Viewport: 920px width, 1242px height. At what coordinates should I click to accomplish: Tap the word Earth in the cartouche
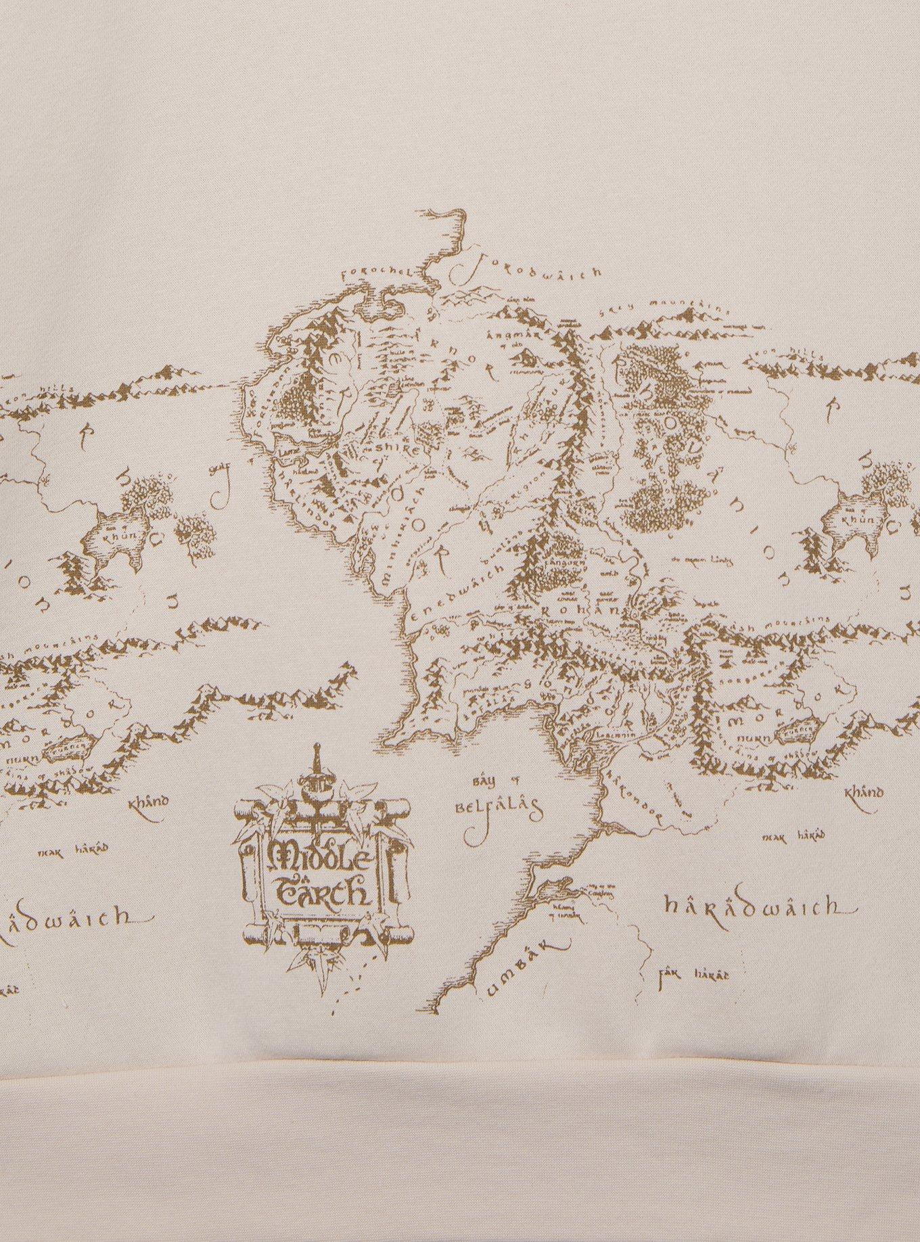pyautogui.click(x=323, y=892)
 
